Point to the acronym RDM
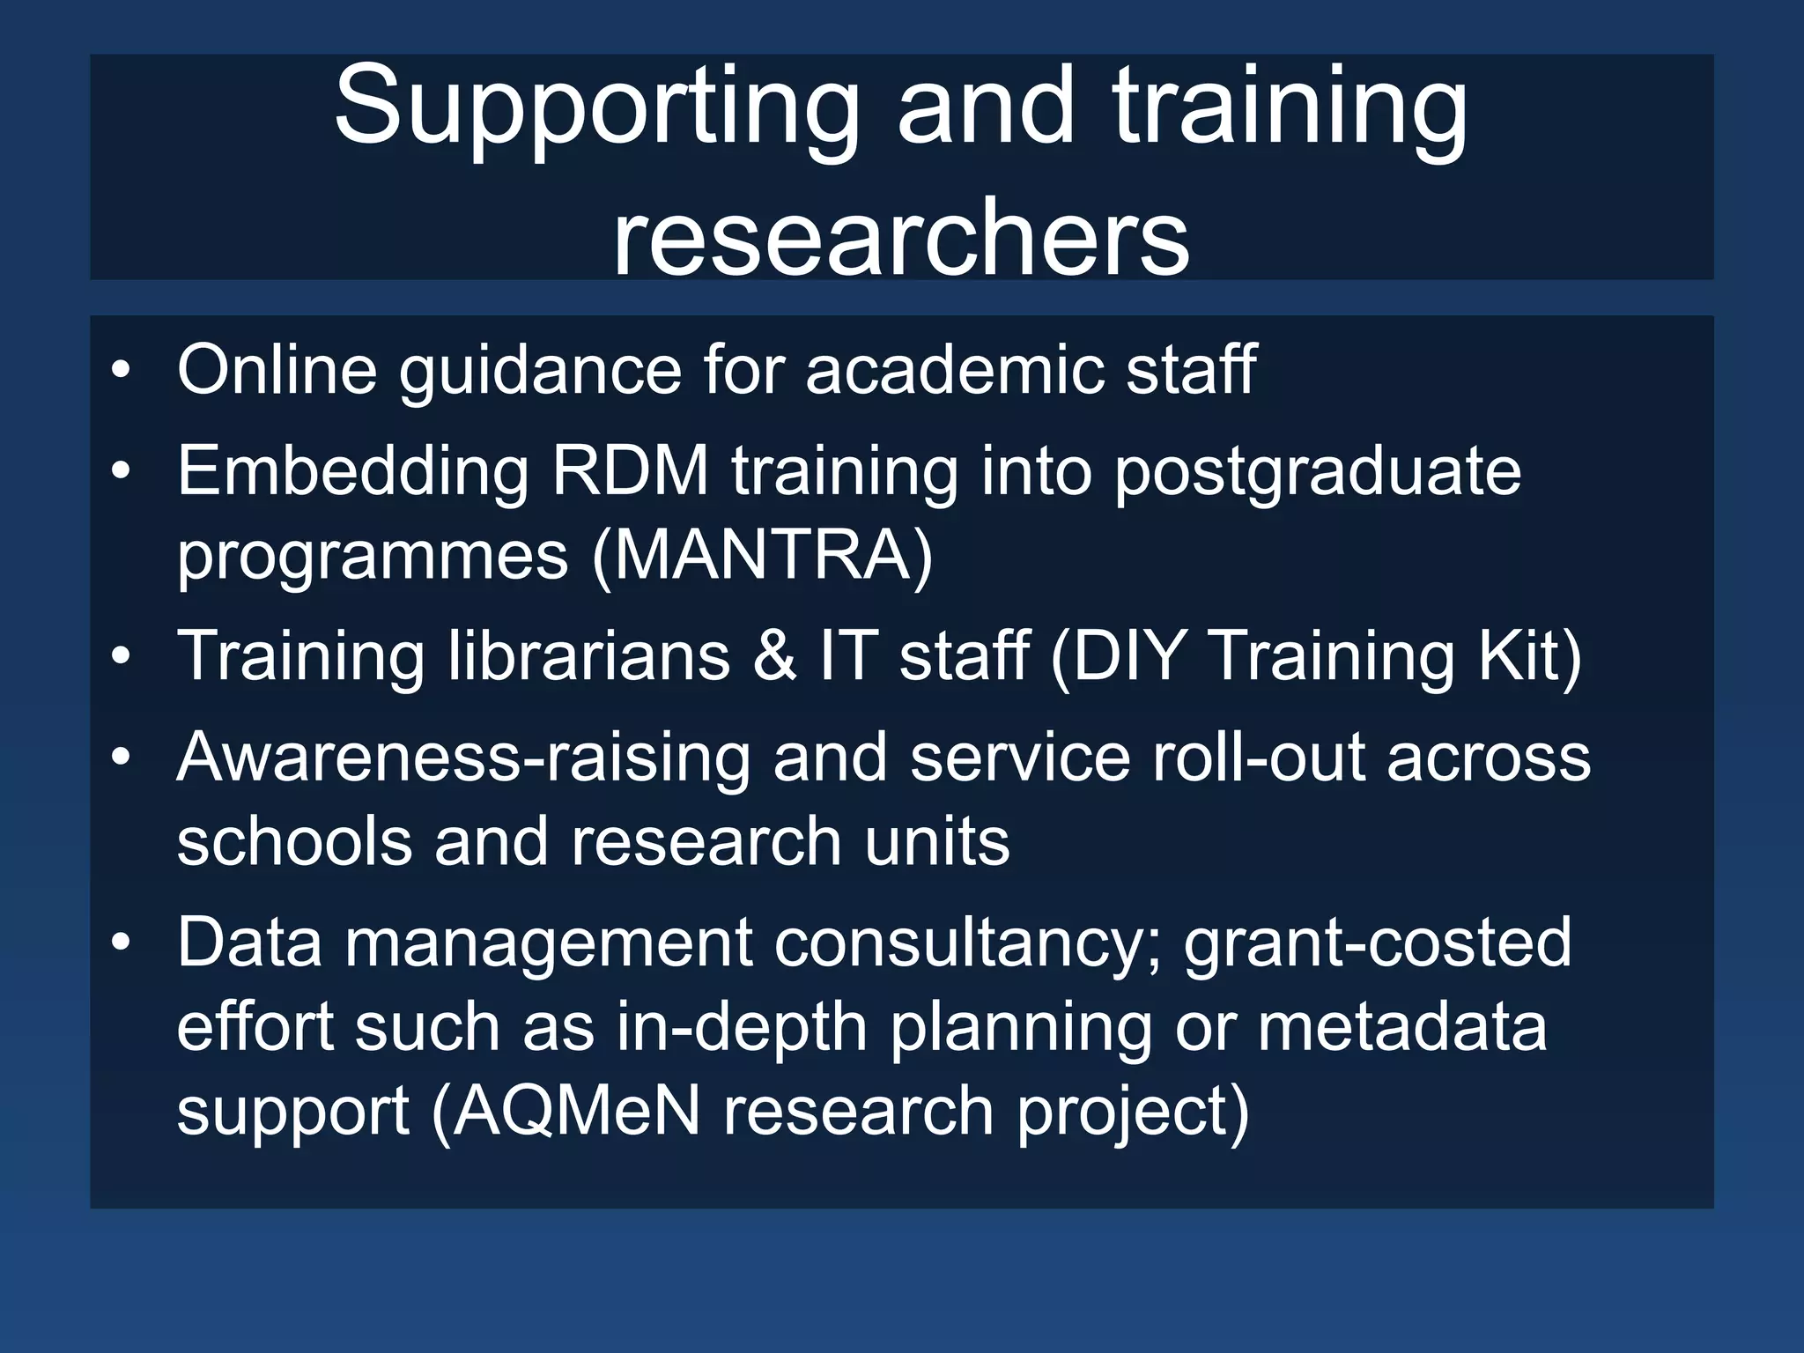(631, 471)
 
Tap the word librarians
(589, 655)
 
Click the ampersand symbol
(774, 656)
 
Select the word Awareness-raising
(463, 758)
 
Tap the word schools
(294, 841)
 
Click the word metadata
(1401, 1027)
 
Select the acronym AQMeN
(577, 1111)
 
